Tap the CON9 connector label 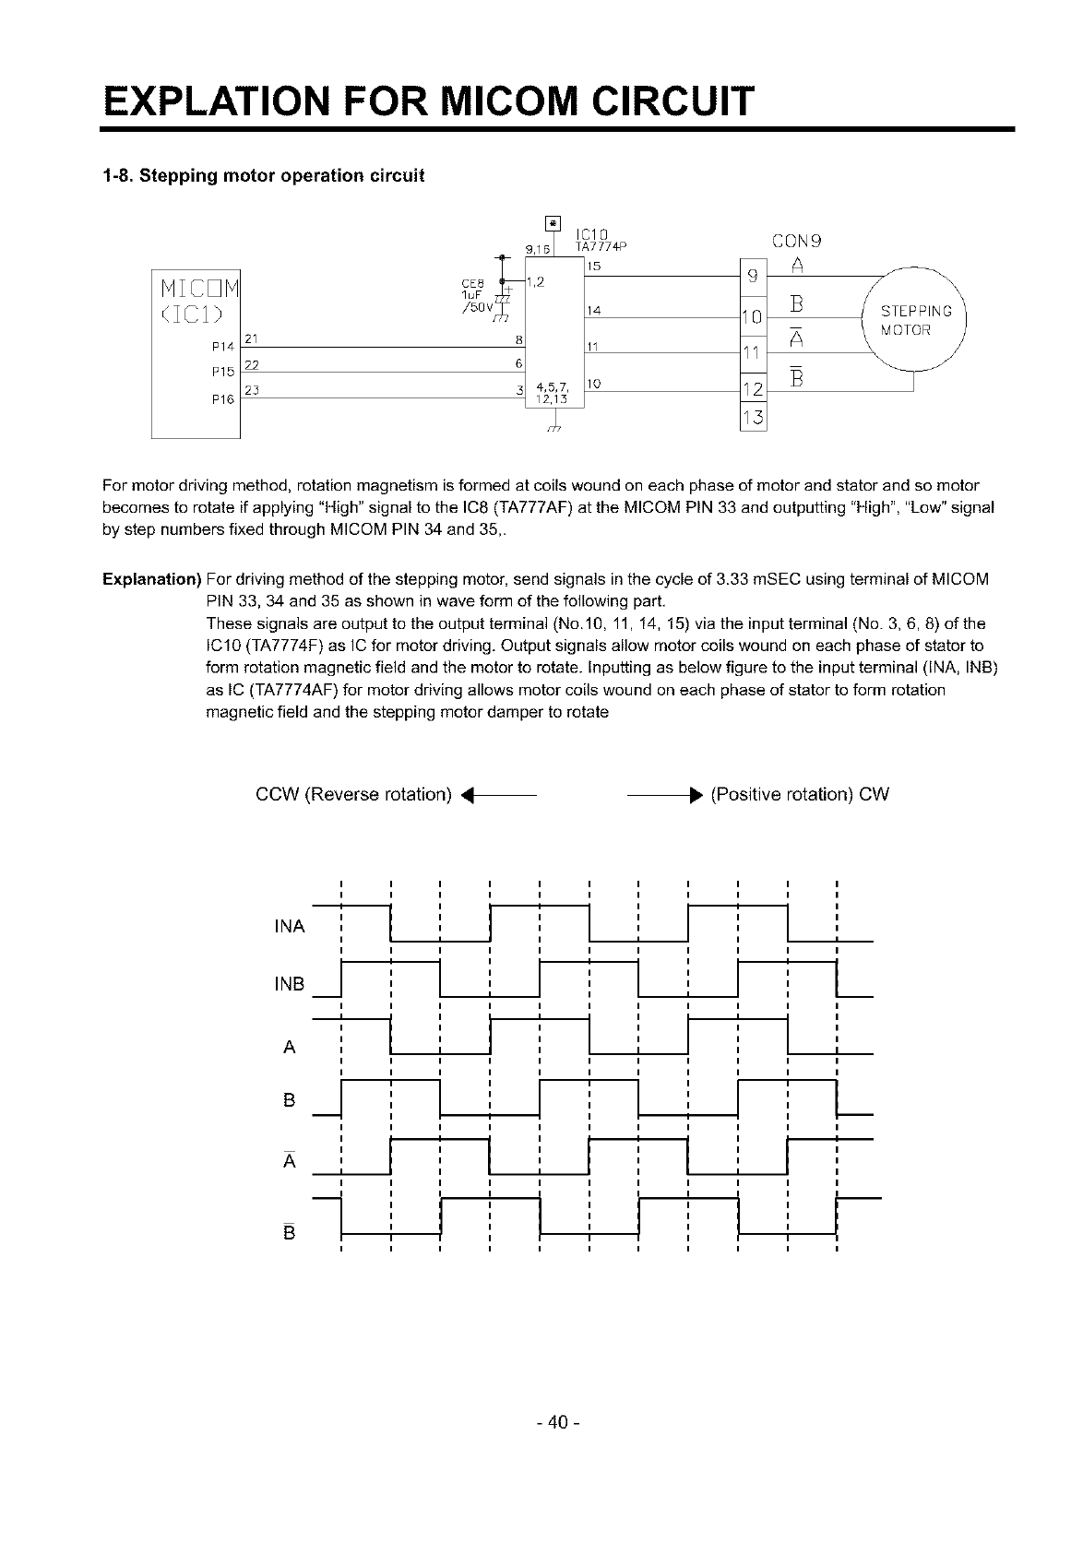(x=798, y=243)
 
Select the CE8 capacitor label (x=470, y=283)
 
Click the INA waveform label (x=290, y=926)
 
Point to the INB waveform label (x=290, y=984)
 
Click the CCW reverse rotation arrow (x=498, y=795)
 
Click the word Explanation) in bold (x=151, y=579)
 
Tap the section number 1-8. (x=117, y=176)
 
